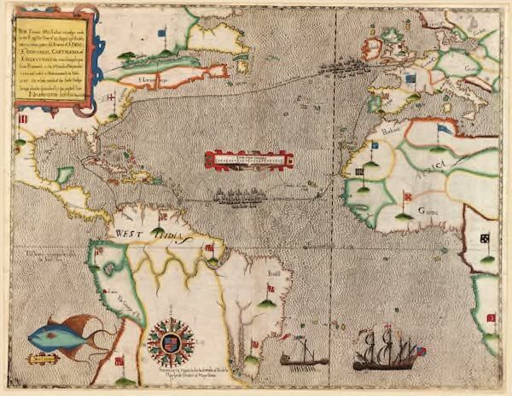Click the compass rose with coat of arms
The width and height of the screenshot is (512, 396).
point(171,341)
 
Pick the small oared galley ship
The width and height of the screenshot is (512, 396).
point(303,355)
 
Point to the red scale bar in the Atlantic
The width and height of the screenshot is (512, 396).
point(248,160)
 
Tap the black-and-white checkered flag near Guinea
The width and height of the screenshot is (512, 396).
point(484,238)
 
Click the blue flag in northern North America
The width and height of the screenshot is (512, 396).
point(161,35)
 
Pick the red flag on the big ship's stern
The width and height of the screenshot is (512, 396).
point(420,350)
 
